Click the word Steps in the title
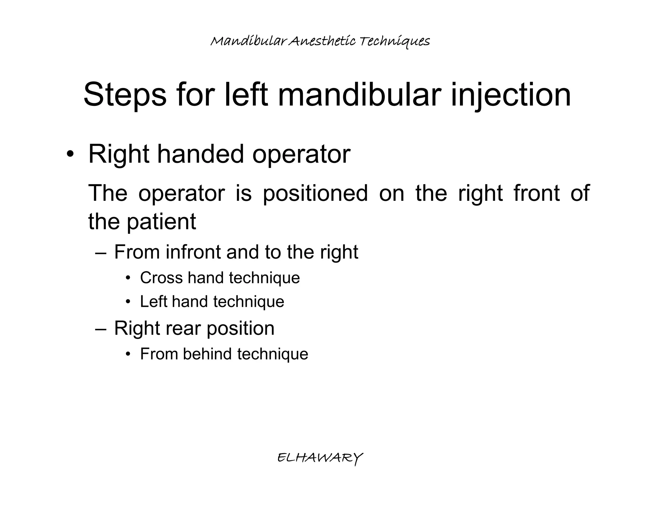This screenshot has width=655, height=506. click(x=125, y=95)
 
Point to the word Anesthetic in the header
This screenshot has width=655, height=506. click(x=321, y=41)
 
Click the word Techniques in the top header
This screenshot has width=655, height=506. click(x=394, y=41)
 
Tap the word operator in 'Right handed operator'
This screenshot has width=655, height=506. click(x=301, y=154)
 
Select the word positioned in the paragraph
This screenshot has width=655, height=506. click(x=315, y=193)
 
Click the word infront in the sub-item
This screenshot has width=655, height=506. click(x=193, y=252)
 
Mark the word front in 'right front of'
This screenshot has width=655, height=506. click(x=536, y=193)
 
